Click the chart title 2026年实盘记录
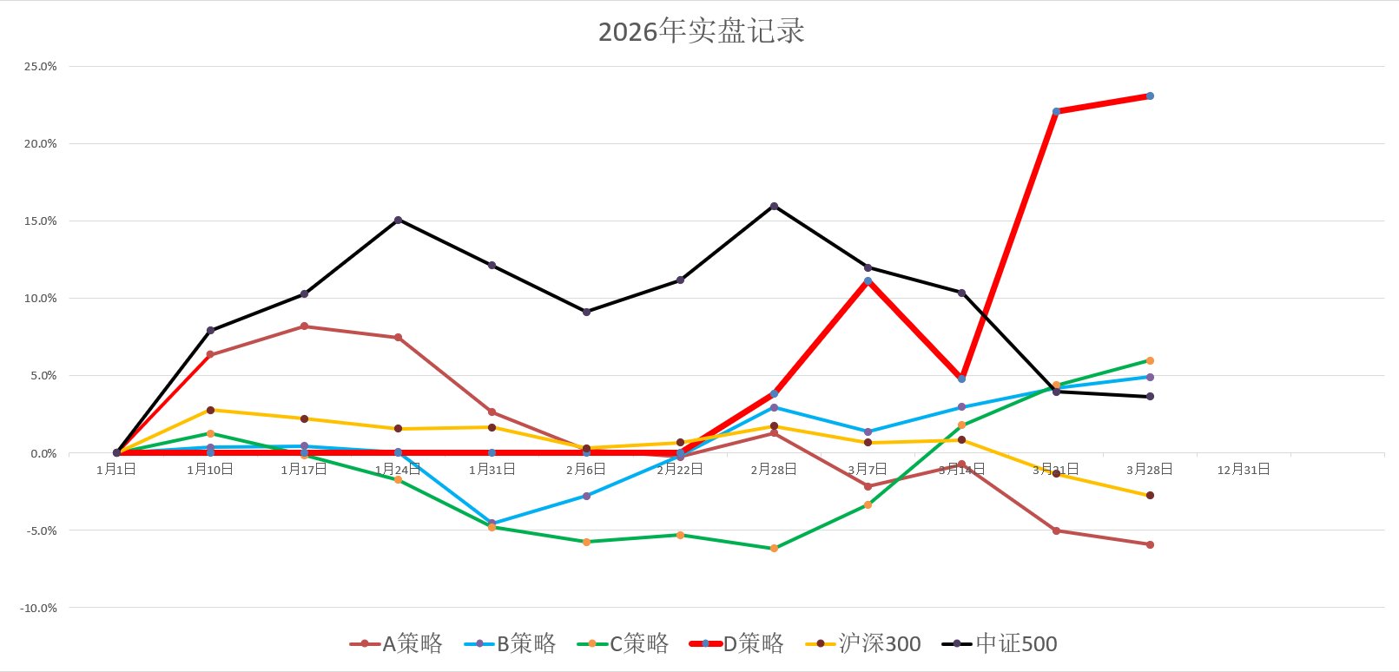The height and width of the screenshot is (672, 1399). click(701, 31)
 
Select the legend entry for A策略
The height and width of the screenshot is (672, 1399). click(397, 643)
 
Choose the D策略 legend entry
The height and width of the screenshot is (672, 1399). click(737, 643)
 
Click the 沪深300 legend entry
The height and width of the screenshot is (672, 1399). click(864, 643)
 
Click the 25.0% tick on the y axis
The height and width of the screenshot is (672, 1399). click(40, 67)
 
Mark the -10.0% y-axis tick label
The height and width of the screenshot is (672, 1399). click(38, 608)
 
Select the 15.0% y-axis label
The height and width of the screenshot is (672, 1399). click(40, 221)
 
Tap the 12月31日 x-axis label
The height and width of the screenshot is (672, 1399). click(1244, 470)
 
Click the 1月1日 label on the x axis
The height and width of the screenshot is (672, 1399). click(116, 470)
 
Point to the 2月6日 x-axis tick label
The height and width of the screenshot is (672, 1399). click(586, 470)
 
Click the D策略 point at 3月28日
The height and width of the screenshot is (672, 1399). click(1150, 96)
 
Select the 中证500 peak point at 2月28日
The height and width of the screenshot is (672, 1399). click(774, 206)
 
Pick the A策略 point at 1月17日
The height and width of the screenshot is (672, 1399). click(304, 326)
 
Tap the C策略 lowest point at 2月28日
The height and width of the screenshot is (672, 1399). click(774, 549)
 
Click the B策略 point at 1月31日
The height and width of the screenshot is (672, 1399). click(492, 524)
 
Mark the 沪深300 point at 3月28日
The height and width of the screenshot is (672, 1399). click(1150, 496)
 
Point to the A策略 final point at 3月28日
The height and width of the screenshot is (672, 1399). click(1150, 545)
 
